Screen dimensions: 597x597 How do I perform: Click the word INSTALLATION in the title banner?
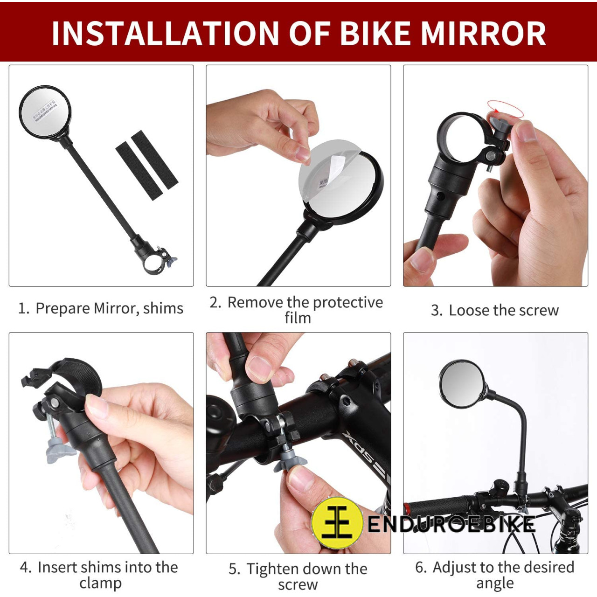point(165,34)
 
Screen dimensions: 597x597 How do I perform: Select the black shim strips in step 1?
point(146,166)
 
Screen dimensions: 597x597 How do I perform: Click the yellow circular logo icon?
point(337,522)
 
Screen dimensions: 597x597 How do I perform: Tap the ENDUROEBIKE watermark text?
point(451,524)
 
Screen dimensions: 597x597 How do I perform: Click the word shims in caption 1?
point(163,308)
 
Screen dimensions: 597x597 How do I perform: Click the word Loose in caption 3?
point(469,310)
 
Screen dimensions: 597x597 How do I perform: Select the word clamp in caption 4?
point(100,583)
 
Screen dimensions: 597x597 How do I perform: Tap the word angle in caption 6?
point(495,583)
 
